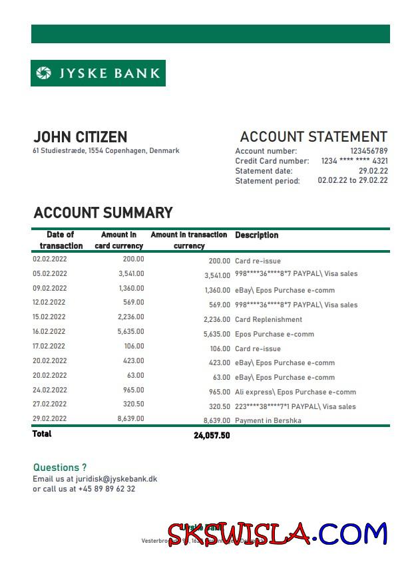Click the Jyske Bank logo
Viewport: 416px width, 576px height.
pos(98,73)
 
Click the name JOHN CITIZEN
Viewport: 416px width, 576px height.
pos(80,138)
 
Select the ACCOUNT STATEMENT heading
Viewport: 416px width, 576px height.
pos(313,137)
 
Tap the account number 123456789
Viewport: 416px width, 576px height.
pos(369,151)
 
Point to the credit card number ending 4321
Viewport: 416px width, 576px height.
pos(354,161)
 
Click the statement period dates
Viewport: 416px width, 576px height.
pos(352,180)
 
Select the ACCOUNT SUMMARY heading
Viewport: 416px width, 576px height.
pos(103,213)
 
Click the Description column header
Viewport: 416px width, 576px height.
pos(256,235)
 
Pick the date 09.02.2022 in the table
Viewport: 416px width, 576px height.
pos(50,289)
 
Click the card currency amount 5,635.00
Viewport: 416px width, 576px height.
pos(130,331)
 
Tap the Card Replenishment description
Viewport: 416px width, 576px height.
pos(268,319)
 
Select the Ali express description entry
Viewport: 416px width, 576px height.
pos(295,392)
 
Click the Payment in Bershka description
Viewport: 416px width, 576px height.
pos(268,420)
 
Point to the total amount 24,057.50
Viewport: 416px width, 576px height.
pos(212,436)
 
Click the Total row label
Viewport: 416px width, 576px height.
pos(42,434)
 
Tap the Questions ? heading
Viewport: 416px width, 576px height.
pos(60,468)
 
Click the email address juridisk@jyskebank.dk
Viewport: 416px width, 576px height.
pos(116,479)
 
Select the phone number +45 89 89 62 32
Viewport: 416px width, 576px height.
pos(106,489)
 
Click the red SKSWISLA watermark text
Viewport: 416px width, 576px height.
pos(238,535)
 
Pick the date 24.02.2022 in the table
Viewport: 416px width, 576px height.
pos(50,390)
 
